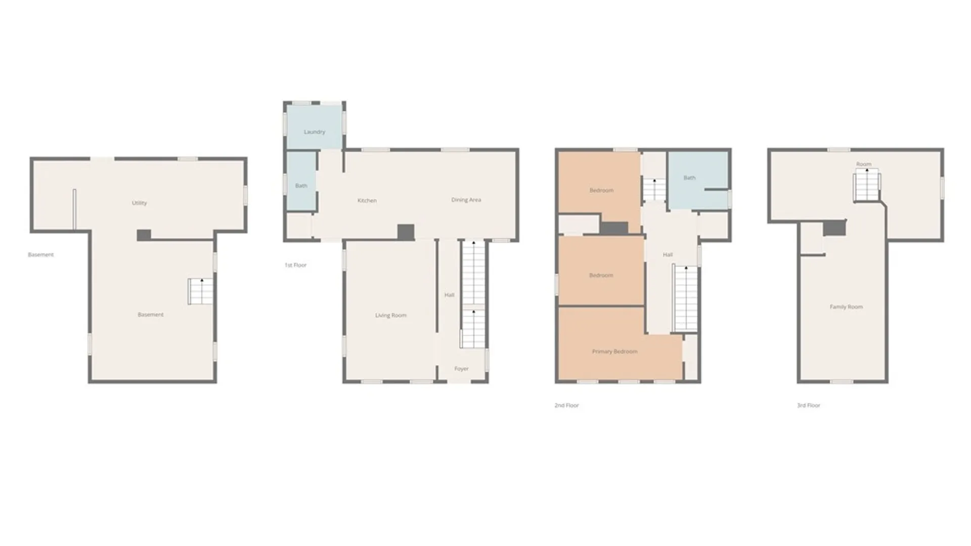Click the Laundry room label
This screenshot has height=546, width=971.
pos(314,132)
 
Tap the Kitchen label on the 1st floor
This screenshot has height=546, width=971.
pos(367,201)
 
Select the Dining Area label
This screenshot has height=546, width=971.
pos(466,200)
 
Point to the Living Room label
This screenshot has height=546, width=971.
pos(390,315)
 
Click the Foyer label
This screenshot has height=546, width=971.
pos(461,369)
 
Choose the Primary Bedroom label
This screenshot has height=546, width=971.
pos(614,351)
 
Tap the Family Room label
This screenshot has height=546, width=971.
pos(846,307)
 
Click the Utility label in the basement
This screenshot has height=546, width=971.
pos(139,203)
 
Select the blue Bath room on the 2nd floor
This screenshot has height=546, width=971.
pos(698,179)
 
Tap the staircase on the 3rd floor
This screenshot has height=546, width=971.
pos(867,186)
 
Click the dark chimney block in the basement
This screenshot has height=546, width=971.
pos(144,235)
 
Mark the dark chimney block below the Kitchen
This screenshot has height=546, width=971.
pos(406,232)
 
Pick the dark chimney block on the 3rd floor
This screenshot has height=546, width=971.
pos(834,228)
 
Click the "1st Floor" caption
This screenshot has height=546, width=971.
pos(295,265)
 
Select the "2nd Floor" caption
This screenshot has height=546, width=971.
pos(566,405)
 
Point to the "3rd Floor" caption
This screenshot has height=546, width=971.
pos(808,405)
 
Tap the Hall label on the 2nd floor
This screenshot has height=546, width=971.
pos(668,255)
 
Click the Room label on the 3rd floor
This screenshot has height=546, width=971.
pos(863,164)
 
